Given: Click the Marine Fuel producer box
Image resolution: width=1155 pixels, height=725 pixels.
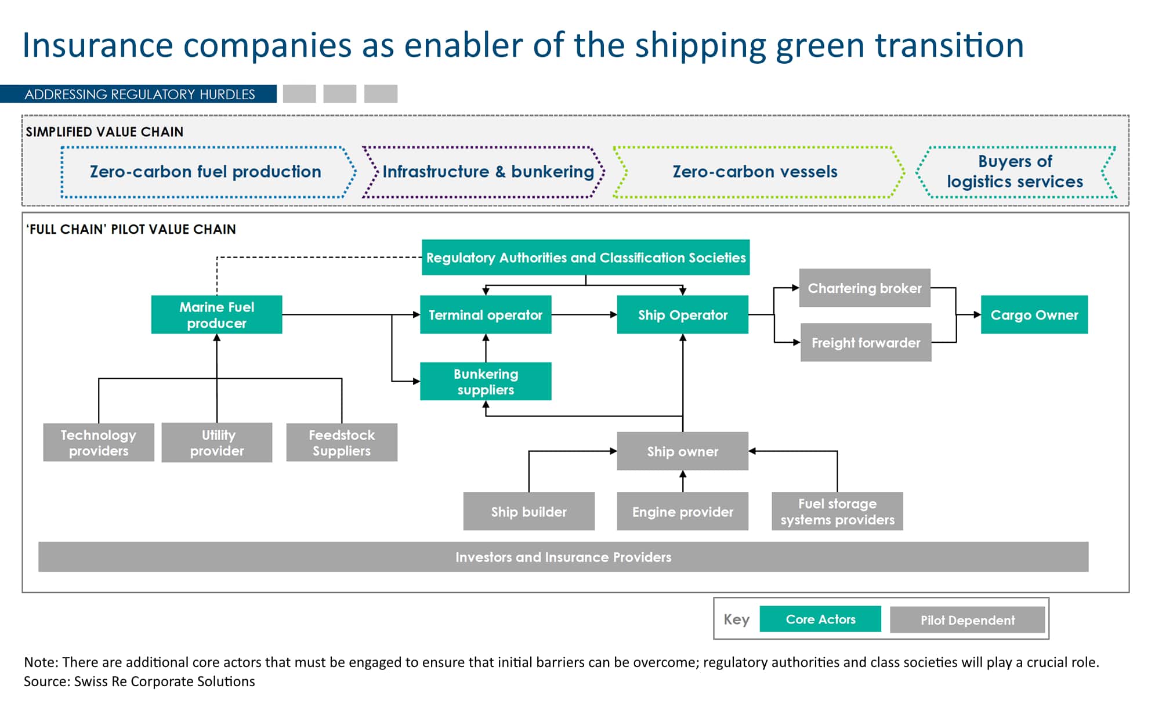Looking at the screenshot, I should pyautogui.click(x=216, y=315).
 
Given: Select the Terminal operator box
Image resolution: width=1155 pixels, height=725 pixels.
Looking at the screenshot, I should pyautogui.click(x=486, y=315).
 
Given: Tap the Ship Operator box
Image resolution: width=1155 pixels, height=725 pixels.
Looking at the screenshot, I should pyautogui.click(x=682, y=315).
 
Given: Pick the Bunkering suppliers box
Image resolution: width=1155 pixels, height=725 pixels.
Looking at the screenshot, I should pyautogui.click(x=486, y=382).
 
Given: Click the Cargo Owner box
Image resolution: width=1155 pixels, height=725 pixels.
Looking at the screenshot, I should pyautogui.click(x=1034, y=315).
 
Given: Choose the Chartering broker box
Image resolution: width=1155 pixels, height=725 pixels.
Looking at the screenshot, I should pyautogui.click(x=864, y=288).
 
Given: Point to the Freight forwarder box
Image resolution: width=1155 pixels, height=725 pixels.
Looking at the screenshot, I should pyautogui.click(x=866, y=343).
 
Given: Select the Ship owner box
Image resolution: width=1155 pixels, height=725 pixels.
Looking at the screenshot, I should pyautogui.click(x=682, y=451).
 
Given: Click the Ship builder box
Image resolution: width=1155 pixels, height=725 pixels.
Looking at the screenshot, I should pyautogui.click(x=528, y=512).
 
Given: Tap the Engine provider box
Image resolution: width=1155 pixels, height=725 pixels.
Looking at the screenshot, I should pyautogui.click(x=682, y=512).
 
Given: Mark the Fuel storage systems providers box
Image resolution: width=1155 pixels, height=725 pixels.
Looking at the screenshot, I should pyautogui.click(x=837, y=512).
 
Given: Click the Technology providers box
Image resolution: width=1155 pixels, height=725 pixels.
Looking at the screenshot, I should pyautogui.click(x=99, y=443).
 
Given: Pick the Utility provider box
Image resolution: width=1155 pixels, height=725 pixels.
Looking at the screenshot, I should pyautogui.click(x=217, y=443).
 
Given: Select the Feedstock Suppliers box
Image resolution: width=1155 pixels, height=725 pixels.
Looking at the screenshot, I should pyautogui.click(x=342, y=443).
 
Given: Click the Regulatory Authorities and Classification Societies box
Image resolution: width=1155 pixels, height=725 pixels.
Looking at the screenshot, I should pyautogui.click(x=585, y=258).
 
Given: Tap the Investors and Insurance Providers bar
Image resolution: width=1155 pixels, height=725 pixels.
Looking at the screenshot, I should pyautogui.click(x=563, y=557).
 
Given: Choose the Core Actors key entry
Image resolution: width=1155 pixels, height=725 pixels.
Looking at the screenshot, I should pyautogui.click(x=820, y=619).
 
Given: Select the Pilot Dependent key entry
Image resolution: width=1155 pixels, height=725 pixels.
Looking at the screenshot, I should pyautogui.click(x=967, y=620).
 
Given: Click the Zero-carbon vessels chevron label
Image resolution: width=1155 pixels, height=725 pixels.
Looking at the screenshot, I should pyautogui.click(x=755, y=172).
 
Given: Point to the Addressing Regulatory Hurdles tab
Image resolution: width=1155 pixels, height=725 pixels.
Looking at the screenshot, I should pyautogui.click(x=139, y=94).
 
